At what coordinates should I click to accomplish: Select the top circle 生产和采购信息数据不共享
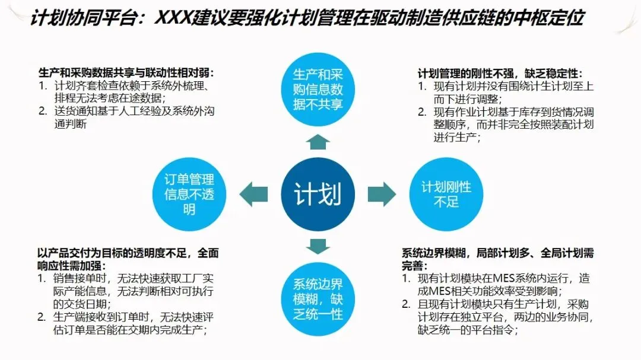[x=318, y=90]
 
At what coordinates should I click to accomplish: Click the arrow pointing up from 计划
[x=318, y=141]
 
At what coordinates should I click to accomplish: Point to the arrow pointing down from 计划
[x=318, y=245]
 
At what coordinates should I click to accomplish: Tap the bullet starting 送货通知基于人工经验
[x=122, y=117]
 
